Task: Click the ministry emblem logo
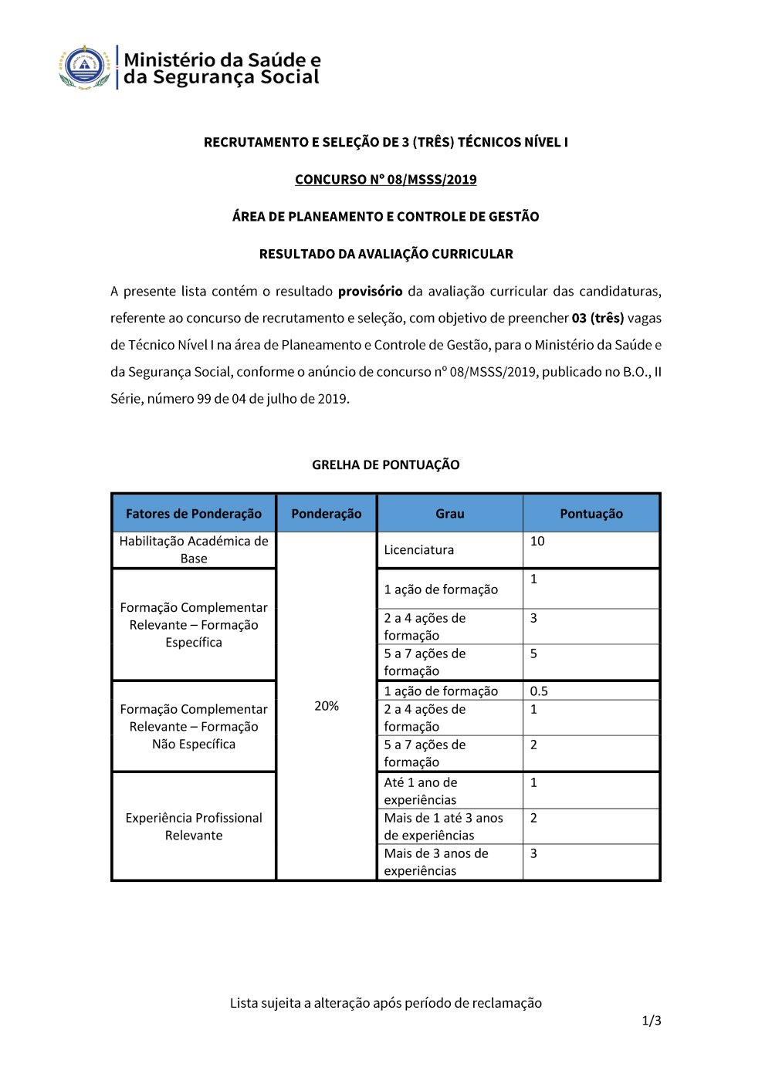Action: click(x=85, y=67)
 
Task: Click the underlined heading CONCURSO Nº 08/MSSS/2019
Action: click(x=385, y=180)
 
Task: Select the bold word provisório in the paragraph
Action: click(x=370, y=292)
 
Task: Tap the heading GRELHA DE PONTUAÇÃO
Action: click(x=385, y=464)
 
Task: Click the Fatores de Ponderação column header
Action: click(x=194, y=514)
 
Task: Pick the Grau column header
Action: click(x=449, y=514)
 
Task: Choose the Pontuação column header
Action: click(x=591, y=514)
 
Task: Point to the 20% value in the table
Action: click(x=327, y=706)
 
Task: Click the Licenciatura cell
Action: click(x=419, y=550)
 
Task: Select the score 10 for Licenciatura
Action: click(x=537, y=542)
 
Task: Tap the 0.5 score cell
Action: click(x=539, y=691)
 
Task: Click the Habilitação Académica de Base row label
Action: click(x=194, y=550)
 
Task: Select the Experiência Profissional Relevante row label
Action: click(x=194, y=826)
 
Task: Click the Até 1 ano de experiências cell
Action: click(x=421, y=791)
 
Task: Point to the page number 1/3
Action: click(x=652, y=1021)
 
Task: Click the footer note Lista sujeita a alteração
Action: click(x=385, y=1003)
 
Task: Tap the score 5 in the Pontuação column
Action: click(x=533, y=654)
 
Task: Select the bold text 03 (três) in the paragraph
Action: click(x=598, y=319)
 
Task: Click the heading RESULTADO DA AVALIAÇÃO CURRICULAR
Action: click(x=385, y=254)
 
